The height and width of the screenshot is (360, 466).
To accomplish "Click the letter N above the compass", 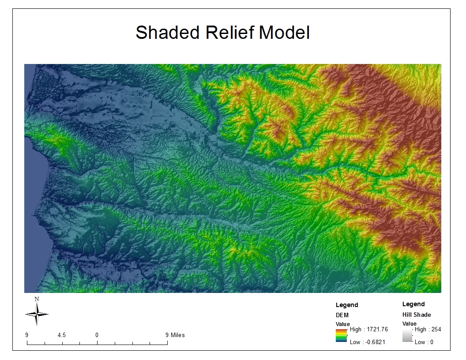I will tap(37, 299).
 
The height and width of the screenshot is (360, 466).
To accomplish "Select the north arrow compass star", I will tap(37, 314).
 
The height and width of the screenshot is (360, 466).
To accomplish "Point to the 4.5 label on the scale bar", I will tap(62, 335).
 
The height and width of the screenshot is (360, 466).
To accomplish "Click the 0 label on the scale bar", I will tap(97, 335).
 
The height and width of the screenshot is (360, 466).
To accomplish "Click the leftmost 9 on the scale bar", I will tap(27, 335).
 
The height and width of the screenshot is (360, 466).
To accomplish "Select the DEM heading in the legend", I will tap(342, 315).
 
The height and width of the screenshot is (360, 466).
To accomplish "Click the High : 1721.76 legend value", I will tap(368, 330).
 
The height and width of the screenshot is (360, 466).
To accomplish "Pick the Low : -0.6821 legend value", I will tap(368, 342).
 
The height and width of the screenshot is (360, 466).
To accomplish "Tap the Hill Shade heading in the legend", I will tap(416, 315).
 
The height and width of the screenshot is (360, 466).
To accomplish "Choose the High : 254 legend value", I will tap(428, 330).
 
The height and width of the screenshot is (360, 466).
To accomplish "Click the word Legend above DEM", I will tap(347, 305).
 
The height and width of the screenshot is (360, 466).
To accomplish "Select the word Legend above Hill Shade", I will tap(413, 304).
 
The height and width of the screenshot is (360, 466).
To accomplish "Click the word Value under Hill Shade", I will tap(409, 324).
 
